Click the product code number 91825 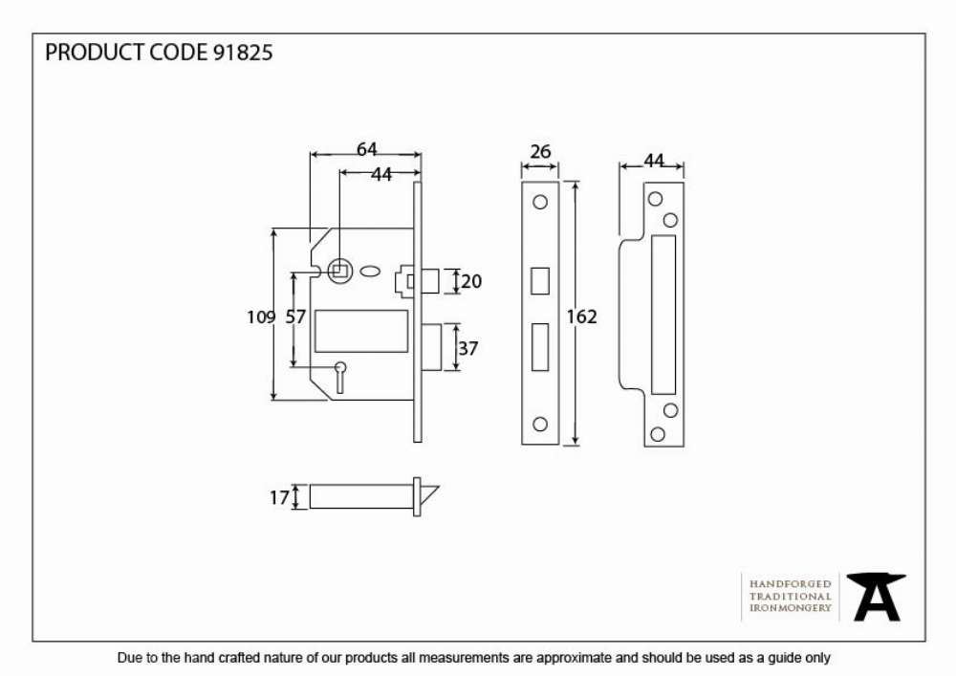coord(243,53)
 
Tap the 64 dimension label coord(366,149)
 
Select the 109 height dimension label coord(261,317)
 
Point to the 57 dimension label coord(295,317)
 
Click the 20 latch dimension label coord(471,281)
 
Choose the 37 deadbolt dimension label coord(467,349)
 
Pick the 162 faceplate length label coord(581,316)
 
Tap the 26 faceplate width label coord(540,151)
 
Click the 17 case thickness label coord(279,498)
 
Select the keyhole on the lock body coord(340,376)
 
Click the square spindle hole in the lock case coord(339,270)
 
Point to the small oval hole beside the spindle coord(368,272)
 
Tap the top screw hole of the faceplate coord(539,202)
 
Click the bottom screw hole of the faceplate coord(539,424)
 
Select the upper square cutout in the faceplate coord(539,281)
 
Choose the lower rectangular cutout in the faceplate coord(539,347)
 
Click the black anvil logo coord(876,597)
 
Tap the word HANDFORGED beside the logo coord(791,584)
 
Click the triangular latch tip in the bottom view coord(429,496)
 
